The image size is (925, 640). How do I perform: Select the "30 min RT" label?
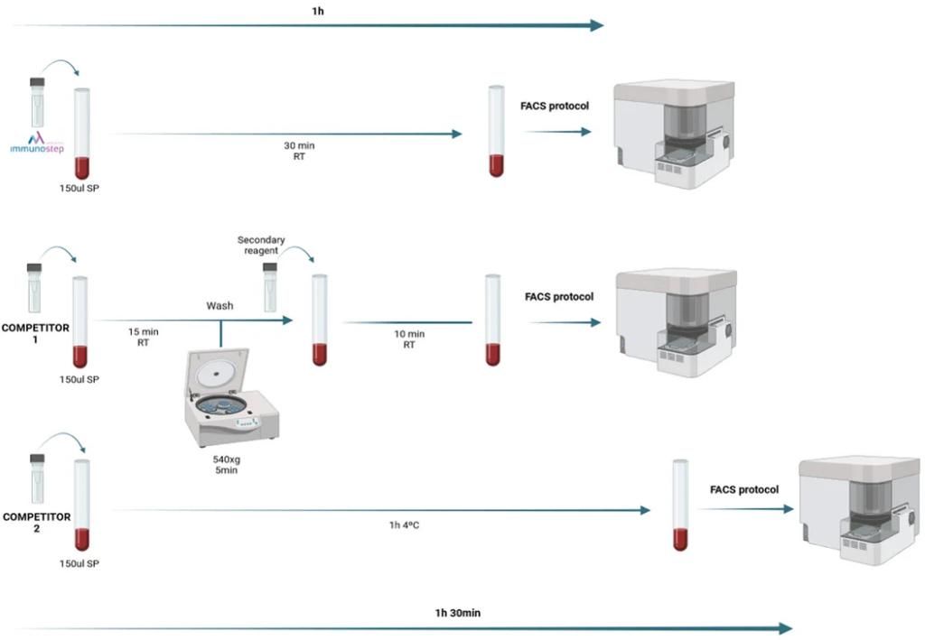click(x=300, y=151)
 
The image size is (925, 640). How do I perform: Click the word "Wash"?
click(x=220, y=306)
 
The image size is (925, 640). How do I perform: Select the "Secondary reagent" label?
click(x=261, y=245)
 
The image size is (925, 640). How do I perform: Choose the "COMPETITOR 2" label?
click(x=36, y=523)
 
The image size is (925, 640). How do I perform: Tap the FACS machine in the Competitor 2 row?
click(x=857, y=510)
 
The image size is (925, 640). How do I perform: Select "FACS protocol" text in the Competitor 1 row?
click(x=559, y=296)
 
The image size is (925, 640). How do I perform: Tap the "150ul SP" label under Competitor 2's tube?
click(x=79, y=564)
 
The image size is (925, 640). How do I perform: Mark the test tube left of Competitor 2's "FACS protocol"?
click(x=680, y=505)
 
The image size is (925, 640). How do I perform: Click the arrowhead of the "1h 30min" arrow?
click(x=785, y=628)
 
